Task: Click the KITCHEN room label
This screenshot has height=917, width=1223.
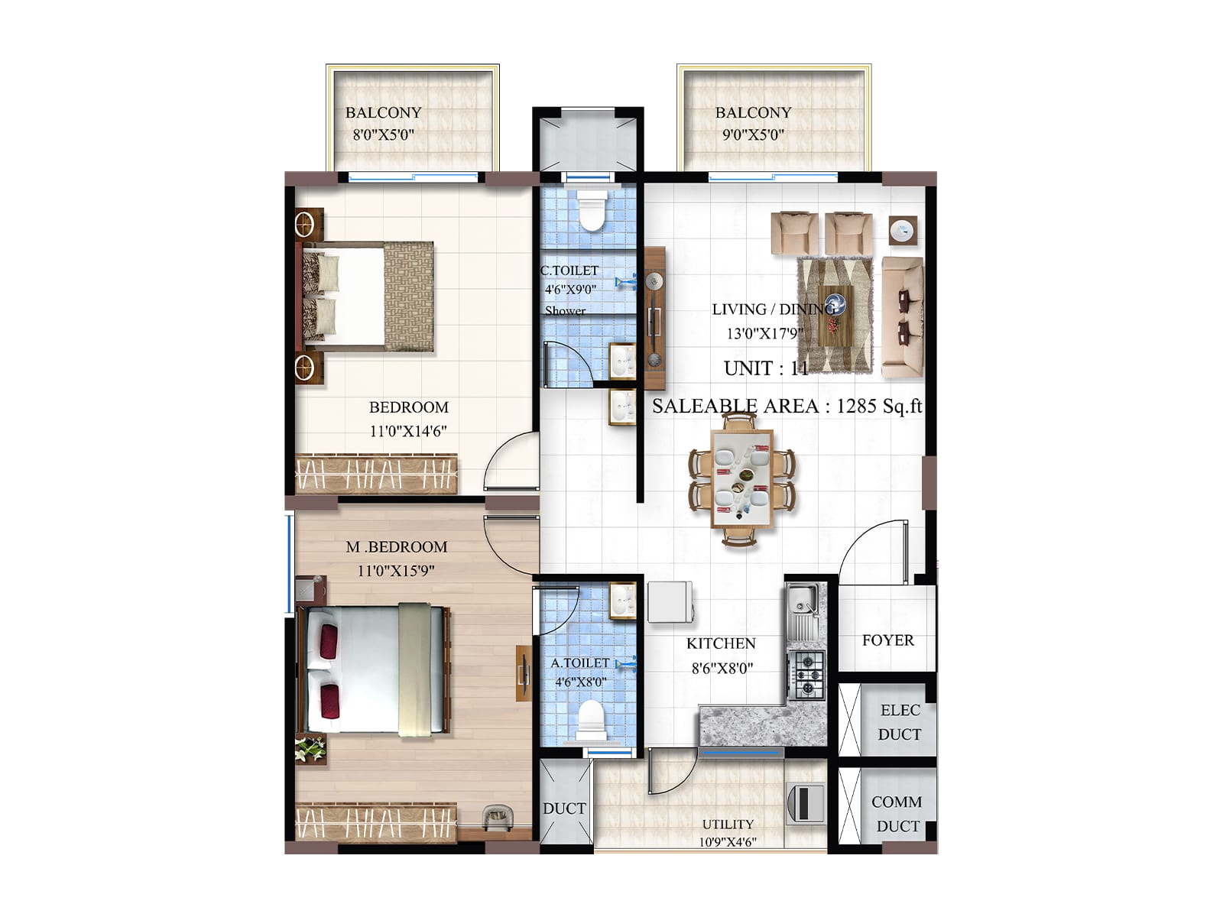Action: coord(720,643)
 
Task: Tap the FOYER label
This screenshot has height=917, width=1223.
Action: coord(887,640)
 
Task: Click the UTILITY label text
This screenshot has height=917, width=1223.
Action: coord(728,824)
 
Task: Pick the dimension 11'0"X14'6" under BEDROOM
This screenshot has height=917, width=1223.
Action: coord(408,431)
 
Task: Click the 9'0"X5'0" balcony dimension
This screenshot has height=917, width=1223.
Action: coord(753,135)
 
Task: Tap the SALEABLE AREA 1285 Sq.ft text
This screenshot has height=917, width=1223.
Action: coord(787,406)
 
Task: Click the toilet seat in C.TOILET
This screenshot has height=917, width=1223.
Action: coord(591,210)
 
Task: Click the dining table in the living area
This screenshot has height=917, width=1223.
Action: coord(741,479)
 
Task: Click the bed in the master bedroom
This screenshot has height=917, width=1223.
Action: coord(375,669)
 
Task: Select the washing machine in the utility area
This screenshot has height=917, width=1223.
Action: coord(805,802)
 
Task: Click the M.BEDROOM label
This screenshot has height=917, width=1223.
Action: coord(396,547)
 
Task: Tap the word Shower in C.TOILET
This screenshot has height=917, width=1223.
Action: coord(565,311)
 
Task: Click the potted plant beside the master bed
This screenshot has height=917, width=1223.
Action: coord(310,750)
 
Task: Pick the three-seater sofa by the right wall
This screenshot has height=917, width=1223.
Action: coord(902,317)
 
